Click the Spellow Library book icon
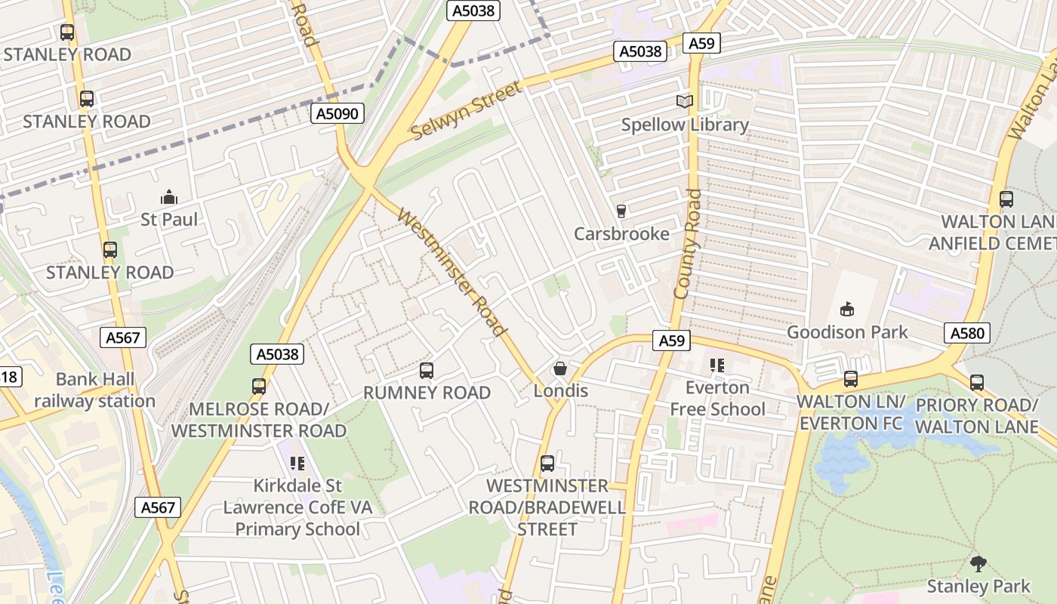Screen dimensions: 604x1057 click(684, 101)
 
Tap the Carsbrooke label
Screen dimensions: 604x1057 click(621, 234)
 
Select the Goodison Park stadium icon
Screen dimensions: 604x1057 click(847, 309)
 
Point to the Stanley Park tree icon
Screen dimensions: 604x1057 click(978, 563)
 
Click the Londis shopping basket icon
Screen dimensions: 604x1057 click(560, 368)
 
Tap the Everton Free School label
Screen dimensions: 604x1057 click(717, 399)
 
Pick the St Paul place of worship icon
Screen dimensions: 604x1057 click(169, 197)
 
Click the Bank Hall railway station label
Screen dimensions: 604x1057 click(94, 390)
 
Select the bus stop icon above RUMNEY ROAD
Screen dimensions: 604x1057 click(427, 371)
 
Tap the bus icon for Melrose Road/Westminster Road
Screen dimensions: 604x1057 click(259, 387)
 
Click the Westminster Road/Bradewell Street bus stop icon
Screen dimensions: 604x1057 click(547, 464)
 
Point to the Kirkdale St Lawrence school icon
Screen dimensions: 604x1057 click(297, 463)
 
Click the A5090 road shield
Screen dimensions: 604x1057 click(337, 114)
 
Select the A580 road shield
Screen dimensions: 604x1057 click(966, 333)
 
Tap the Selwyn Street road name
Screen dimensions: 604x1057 click(467, 111)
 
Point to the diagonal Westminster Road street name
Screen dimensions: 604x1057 click(451, 272)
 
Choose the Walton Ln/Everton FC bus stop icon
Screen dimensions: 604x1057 click(851, 379)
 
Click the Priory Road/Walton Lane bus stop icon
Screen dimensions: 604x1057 click(977, 383)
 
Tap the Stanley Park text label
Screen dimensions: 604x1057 click(978, 586)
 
